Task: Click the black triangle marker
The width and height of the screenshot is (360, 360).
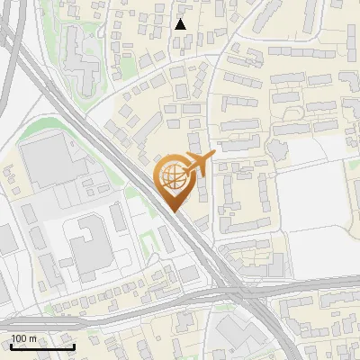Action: pyautogui.click(x=181, y=24)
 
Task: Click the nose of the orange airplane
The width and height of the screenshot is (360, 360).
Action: pyautogui.click(x=213, y=155)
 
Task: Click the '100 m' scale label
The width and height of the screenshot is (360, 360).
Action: pyautogui.click(x=24, y=338)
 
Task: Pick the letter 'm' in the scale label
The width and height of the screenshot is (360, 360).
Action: pyautogui.click(x=34, y=338)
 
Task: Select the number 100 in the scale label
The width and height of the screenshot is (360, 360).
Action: pyautogui.click(x=20, y=338)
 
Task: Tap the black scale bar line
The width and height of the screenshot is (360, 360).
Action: pyautogui.click(x=41, y=346)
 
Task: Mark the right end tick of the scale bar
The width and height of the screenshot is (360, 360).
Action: pyautogui.click(x=74, y=345)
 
